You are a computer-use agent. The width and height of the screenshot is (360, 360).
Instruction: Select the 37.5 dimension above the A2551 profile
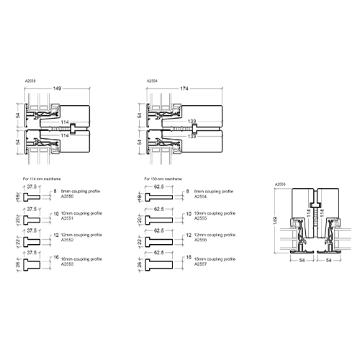[x=32, y=208]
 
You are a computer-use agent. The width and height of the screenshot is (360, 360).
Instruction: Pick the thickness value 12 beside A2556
[x=186, y=235]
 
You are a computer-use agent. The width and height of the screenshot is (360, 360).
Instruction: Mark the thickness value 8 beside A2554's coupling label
[x=186, y=192]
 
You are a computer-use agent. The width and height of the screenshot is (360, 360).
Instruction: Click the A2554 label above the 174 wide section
[x=151, y=81]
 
